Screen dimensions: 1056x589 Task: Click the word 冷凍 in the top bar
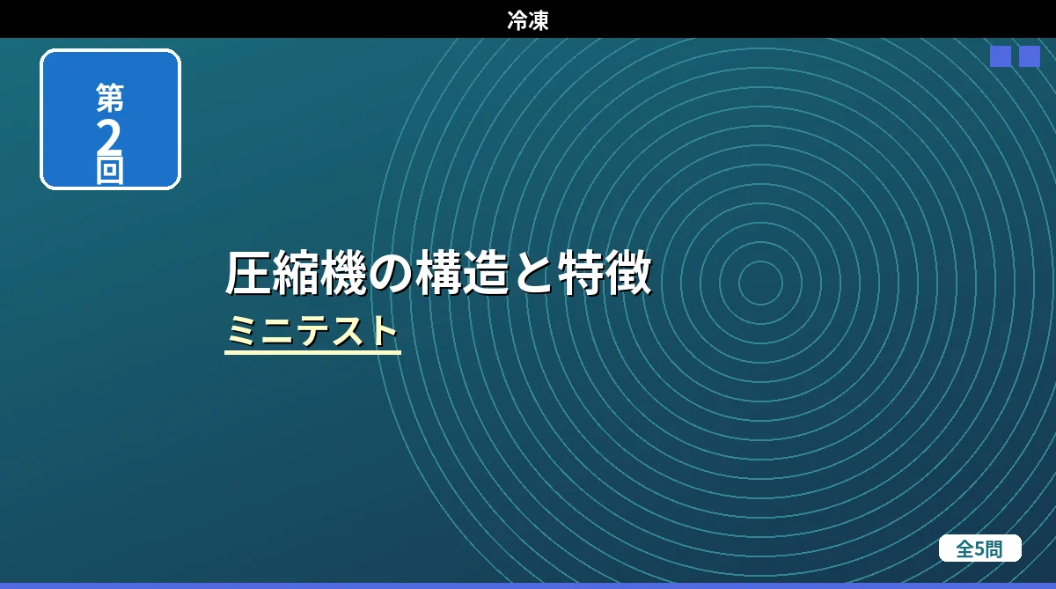[528, 21]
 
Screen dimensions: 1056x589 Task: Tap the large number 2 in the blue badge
[109, 136]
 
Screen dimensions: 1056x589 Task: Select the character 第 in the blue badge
[110, 98]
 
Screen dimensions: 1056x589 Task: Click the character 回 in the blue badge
[110, 170]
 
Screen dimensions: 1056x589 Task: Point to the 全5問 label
[979, 549]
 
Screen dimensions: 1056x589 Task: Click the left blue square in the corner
[1001, 56]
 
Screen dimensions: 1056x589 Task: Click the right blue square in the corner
[1030, 56]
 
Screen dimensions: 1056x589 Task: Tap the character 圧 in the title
[248, 273]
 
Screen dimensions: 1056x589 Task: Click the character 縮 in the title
[296, 273]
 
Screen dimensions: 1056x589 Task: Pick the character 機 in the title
[344, 273]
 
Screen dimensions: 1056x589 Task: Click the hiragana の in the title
[391, 274]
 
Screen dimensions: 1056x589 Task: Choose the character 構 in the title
[438, 273]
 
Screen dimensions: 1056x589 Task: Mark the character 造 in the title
[486, 273]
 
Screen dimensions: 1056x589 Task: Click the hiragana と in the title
[533, 274]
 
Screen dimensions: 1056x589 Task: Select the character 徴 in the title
[629, 273]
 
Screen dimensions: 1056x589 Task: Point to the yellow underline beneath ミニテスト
[312, 352]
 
